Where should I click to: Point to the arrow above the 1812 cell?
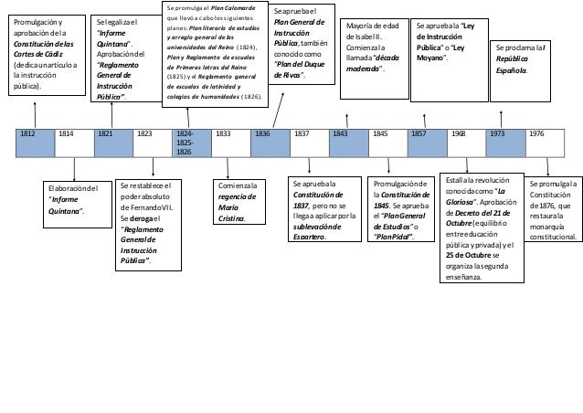click(35, 113)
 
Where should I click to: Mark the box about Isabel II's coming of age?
click(371, 56)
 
